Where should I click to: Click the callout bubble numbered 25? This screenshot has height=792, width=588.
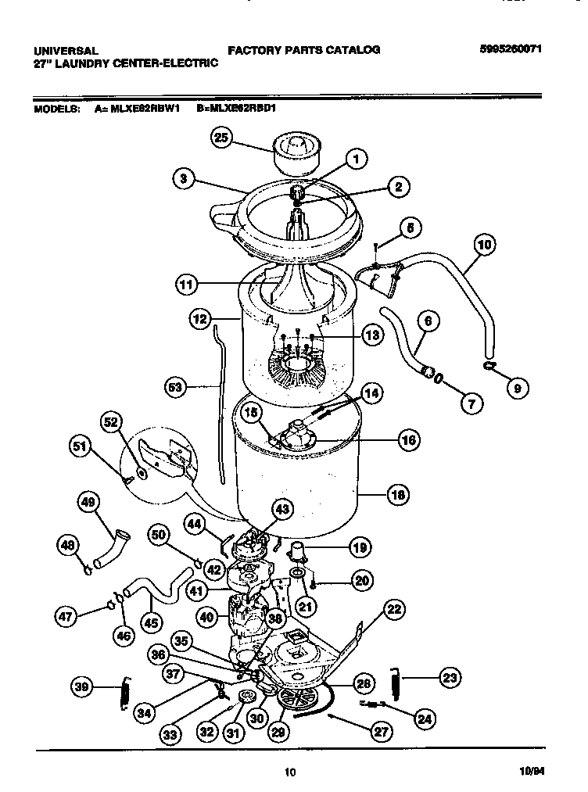point(222,138)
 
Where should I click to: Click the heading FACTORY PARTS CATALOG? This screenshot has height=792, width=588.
point(303,49)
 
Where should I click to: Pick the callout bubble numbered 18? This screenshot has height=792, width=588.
point(398,494)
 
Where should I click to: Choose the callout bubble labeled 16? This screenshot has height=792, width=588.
point(407,440)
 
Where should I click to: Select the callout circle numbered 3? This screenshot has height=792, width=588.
point(183,178)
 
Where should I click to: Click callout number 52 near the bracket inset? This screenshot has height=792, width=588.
point(114,422)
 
